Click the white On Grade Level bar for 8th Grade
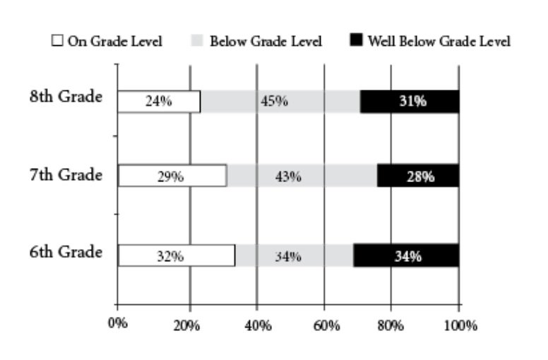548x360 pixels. click(159, 102)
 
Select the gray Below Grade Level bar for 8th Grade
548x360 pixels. click(280, 102)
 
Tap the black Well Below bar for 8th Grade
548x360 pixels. click(410, 102)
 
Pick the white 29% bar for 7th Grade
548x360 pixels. click(172, 176)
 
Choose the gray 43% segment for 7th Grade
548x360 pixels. click(302, 176)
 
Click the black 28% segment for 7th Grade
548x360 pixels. click(418, 176)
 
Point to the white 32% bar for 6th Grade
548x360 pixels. click(177, 256)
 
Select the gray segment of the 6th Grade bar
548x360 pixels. click(294, 256)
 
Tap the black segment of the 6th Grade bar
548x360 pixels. click(406, 256)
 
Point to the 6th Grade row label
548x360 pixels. click(66, 253)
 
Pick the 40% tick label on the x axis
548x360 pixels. click(256, 325)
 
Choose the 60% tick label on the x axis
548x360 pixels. click(324, 325)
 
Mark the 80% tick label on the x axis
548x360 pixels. click(391, 325)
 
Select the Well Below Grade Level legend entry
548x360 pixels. click(438, 41)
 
